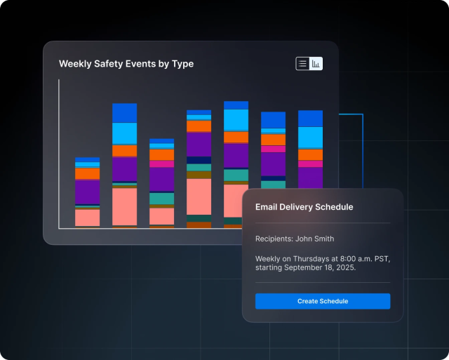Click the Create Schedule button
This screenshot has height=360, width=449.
323,301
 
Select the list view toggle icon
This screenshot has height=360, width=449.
302,64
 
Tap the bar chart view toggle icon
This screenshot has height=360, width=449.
316,64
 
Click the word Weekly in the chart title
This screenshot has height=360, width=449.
75,64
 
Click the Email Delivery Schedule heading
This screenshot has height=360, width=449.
304,207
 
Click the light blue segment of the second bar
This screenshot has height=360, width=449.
125,133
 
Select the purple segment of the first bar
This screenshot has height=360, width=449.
88,192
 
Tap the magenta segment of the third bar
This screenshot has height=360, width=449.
161,164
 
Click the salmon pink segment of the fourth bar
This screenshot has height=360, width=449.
199,196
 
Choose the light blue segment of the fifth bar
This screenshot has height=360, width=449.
236,120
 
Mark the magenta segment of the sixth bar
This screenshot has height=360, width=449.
274,149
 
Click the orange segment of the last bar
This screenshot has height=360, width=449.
310,154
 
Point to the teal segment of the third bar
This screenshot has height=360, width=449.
161,199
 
